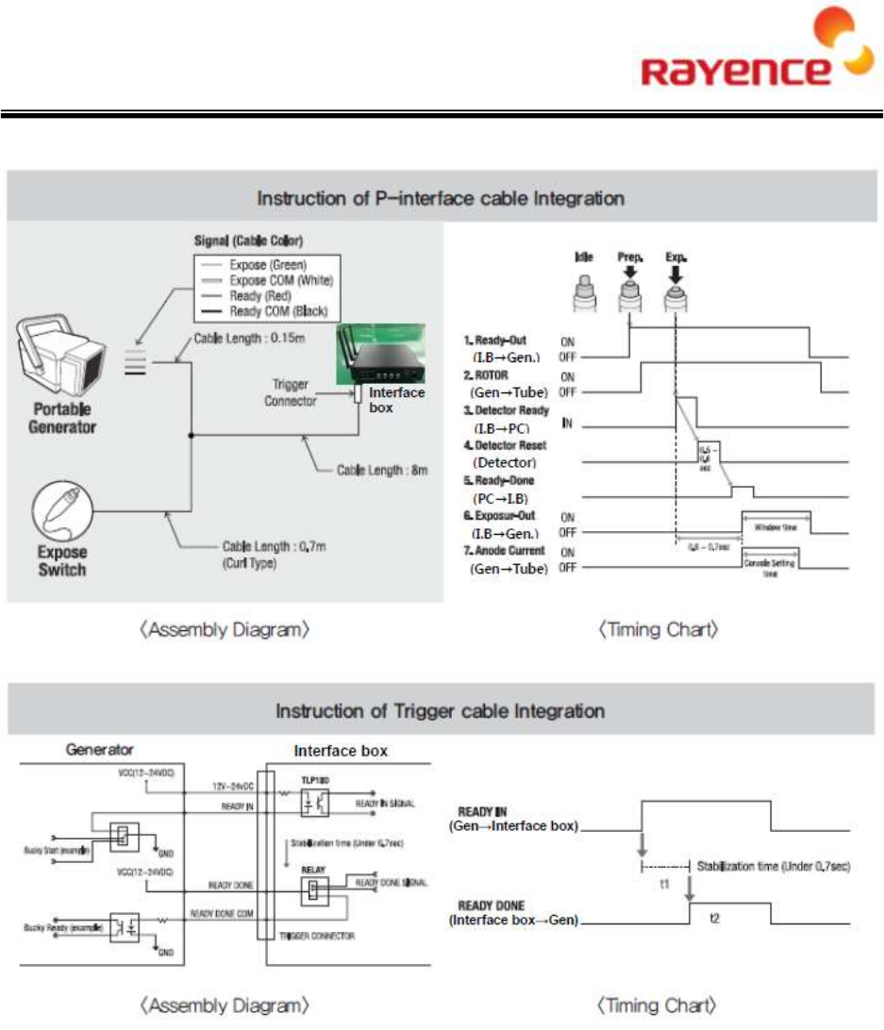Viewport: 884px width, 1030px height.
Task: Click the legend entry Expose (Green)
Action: point(273,266)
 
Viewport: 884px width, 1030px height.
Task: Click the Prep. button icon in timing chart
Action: point(629,287)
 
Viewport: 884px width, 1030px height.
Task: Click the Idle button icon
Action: point(583,287)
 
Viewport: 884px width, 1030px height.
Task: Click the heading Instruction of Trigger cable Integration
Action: point(440,710)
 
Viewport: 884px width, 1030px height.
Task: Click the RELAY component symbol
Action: point(314,890)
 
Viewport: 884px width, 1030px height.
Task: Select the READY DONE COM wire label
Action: point(223,913)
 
